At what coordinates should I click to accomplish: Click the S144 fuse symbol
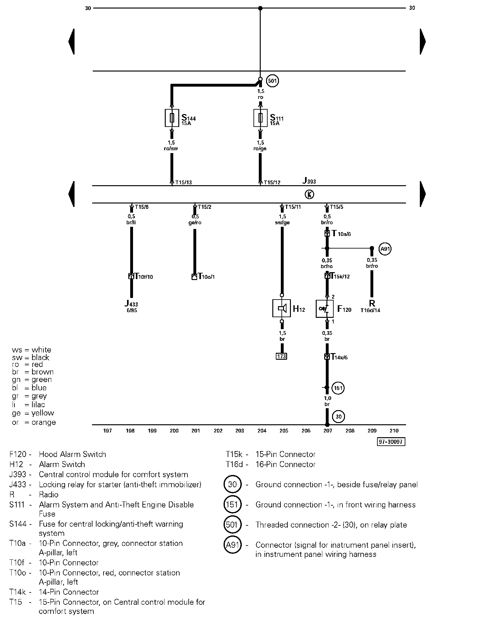pos(172,118)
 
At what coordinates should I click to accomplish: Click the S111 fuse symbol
pos(260,118)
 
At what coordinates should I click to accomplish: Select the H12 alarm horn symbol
pos(282,308)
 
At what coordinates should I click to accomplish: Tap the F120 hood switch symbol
pos(325,309)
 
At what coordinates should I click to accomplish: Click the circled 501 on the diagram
pos(272,81)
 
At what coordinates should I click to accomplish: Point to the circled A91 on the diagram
pos(385,249)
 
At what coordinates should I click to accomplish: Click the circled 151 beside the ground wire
pos(338,388)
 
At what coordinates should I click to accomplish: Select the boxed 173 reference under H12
pos(282,356)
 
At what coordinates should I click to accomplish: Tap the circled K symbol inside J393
pos(309,195)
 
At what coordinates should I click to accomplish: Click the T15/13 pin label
pos(184,182)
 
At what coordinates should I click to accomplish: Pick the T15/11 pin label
pos(293,207)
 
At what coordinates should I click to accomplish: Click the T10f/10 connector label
pos(144,277)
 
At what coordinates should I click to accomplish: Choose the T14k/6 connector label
pos(339,357)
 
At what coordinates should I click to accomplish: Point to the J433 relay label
pos(131,304)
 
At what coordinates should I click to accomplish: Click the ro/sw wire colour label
pos(171,148)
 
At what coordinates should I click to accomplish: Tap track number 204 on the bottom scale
pos(262,431)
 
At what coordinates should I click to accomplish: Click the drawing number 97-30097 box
pos(391,442)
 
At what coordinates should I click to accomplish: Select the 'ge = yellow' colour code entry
pos(33,413)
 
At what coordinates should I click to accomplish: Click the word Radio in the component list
pos(49,495)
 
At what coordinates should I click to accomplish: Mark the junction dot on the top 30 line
pos(260,8)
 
